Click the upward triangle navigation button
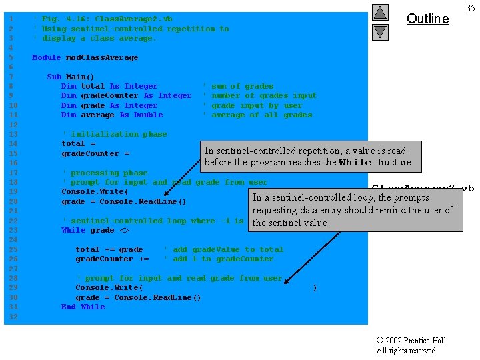click(x=380, y=12)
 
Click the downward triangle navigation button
click(x=380, y=31)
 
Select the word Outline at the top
click(x=427, y=19)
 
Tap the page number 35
click(x=470, y=8)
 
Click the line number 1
click(x=10, y=19)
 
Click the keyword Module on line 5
click(x=46, y=57)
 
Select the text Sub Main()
click(x=71, y=77)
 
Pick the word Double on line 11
click(x=148, y=115)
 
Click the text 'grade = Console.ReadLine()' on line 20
click(x=123, y=201)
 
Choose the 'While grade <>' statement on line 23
click(x=95, y=230)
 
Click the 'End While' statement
click(x=83, y=307)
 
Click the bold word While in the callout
click(x=354, y=162)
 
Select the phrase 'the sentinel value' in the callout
click(x=289, y=223)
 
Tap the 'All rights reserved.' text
click(x=407, y=351)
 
